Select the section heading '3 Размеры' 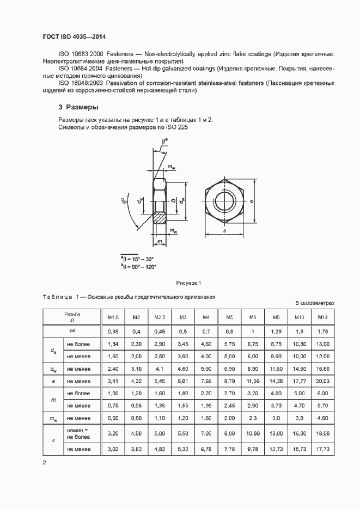(x=78, y=107)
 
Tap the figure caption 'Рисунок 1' (x=188, y=283)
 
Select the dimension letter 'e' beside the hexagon (x=252, y=201)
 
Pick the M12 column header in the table (x=322, y=317)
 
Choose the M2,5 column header (x=160, y=317)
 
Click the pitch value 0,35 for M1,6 (x=113, y=331)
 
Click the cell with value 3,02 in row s (x=113, y=449)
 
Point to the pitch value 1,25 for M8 (x=276, y=331)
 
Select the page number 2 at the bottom (x=45, y=463)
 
